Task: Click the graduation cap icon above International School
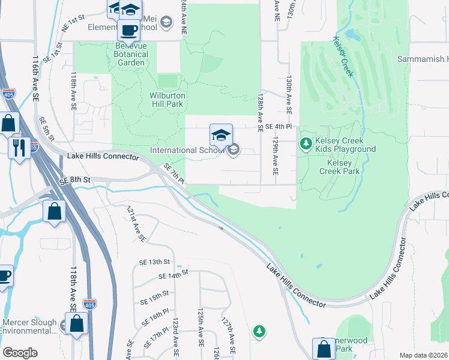pos(221,135)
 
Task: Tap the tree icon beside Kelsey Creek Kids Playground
pos(306,143)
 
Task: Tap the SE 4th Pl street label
pos(279,127)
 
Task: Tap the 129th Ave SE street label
pos(275,154)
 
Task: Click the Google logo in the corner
pos(20,353)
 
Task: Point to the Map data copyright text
pos(424,355)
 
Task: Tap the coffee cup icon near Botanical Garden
pos(128,29)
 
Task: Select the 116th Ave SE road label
pos(37,78)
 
